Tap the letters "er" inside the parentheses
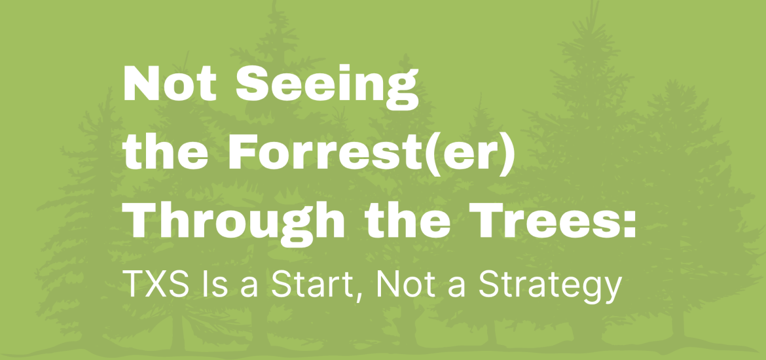click(x=469, y=156)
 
